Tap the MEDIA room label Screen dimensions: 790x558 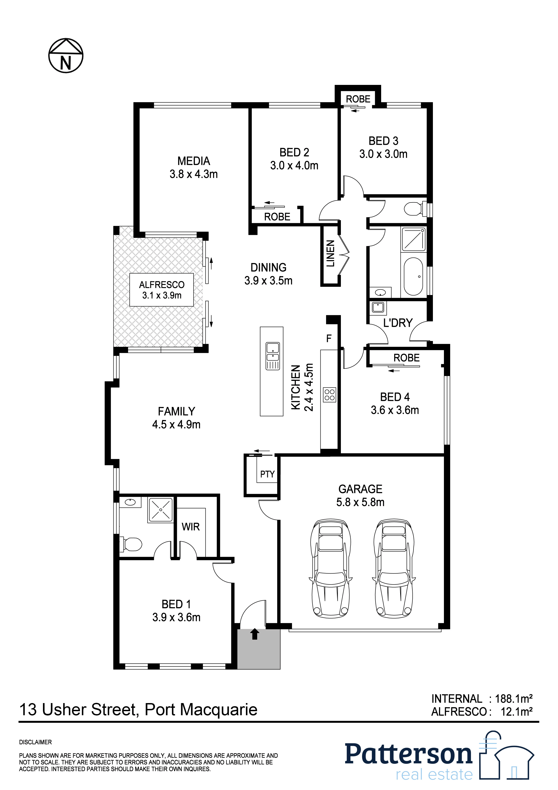tap(193, 161)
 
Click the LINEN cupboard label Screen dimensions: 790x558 tap(330, 253)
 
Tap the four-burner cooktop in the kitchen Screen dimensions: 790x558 tap(329, 395)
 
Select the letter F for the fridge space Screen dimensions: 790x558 tap(329, 338)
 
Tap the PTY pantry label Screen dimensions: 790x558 tap(267, 474)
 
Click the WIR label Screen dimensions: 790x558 tap(191, 527)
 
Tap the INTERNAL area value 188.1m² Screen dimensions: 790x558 tap(513, 699)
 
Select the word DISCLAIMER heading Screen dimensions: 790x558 tap(35, 742)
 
